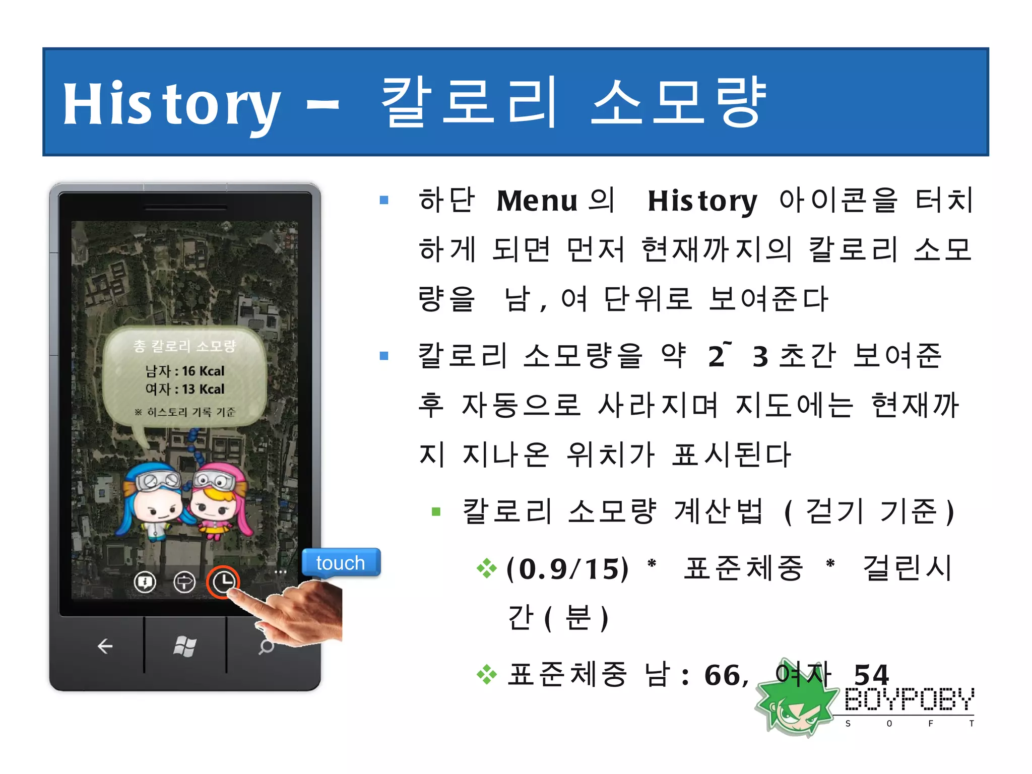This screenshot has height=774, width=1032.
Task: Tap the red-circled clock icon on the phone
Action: coord(223,582)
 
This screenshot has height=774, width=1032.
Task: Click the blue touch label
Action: coord(341,563)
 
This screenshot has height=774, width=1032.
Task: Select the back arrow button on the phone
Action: coord(105,646)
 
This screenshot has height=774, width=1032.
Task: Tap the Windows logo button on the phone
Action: coord(184,646)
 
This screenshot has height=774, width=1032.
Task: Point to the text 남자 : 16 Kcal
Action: coord(185,371)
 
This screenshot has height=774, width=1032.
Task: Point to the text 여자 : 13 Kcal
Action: coord(185,390)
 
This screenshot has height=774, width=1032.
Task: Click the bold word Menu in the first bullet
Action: coord(537,201)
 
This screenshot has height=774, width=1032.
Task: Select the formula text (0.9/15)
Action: coord(567,569)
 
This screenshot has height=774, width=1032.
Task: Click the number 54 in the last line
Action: coord(871,675)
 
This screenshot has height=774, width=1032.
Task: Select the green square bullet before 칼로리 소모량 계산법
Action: coord(436,512)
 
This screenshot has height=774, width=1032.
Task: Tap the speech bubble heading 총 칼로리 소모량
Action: coord(184,346)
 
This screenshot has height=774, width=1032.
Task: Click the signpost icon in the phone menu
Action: coord(184,583)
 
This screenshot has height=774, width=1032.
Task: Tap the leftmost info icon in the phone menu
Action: coord(145,583)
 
